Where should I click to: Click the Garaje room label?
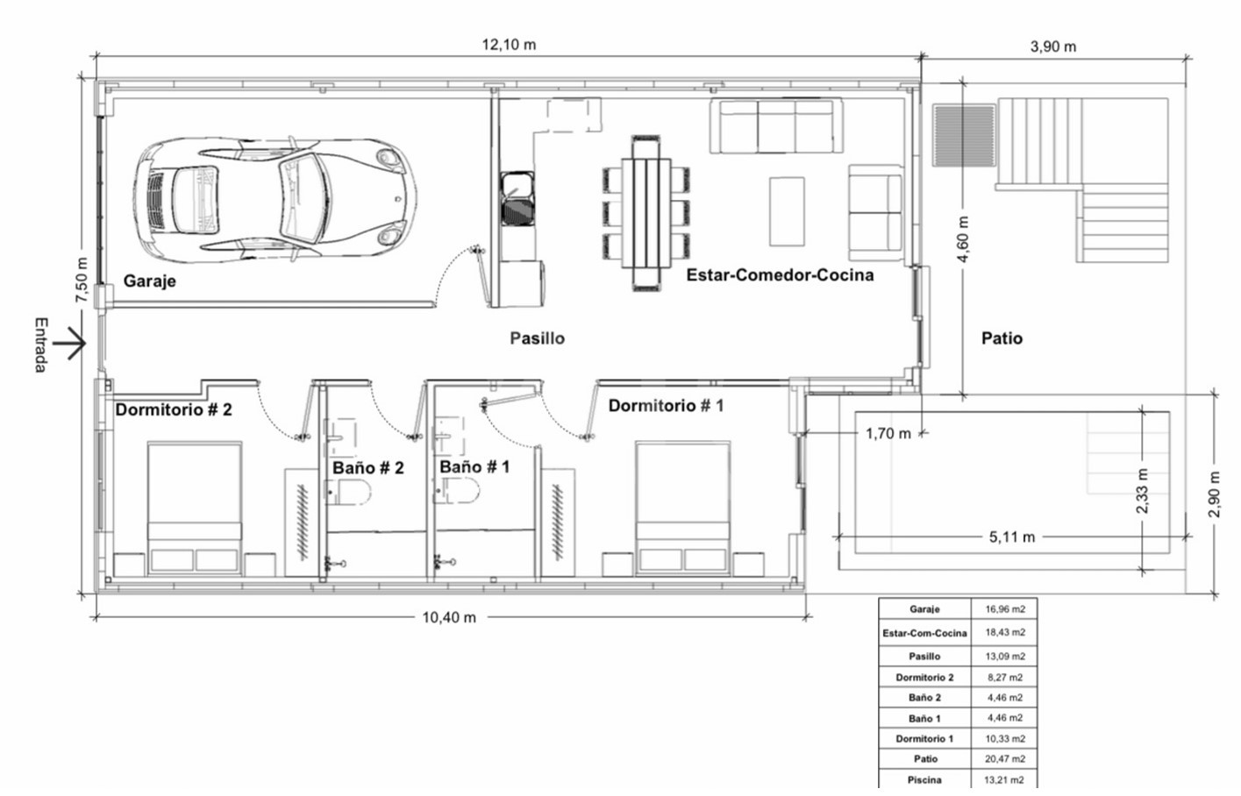click(150, 281)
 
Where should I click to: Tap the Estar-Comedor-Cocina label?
click(780, 275)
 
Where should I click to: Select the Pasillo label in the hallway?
click(538, 338)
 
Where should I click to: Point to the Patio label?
click(1002, 338)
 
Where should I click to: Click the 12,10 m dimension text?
click(509, 45)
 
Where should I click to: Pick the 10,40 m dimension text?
click(449, 618)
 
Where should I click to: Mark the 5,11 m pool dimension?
click(1011, 537)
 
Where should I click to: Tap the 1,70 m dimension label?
click(888, 434)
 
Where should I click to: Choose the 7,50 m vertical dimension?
click(82, 281)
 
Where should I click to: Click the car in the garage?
click(275, 199)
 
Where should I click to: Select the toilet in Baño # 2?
click(348, 492)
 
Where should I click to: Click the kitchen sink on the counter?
click(517, 198)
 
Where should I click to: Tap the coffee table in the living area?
click(787, 211)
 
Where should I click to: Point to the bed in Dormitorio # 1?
click(682, 508)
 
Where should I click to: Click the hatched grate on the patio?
click(964, 135)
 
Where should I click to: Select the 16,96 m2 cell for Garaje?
click(1005, 609)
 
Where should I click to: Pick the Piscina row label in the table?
click(924, 780)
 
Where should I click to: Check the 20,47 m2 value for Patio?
click(1005, 759)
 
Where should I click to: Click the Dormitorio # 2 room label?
click(174, 410)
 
